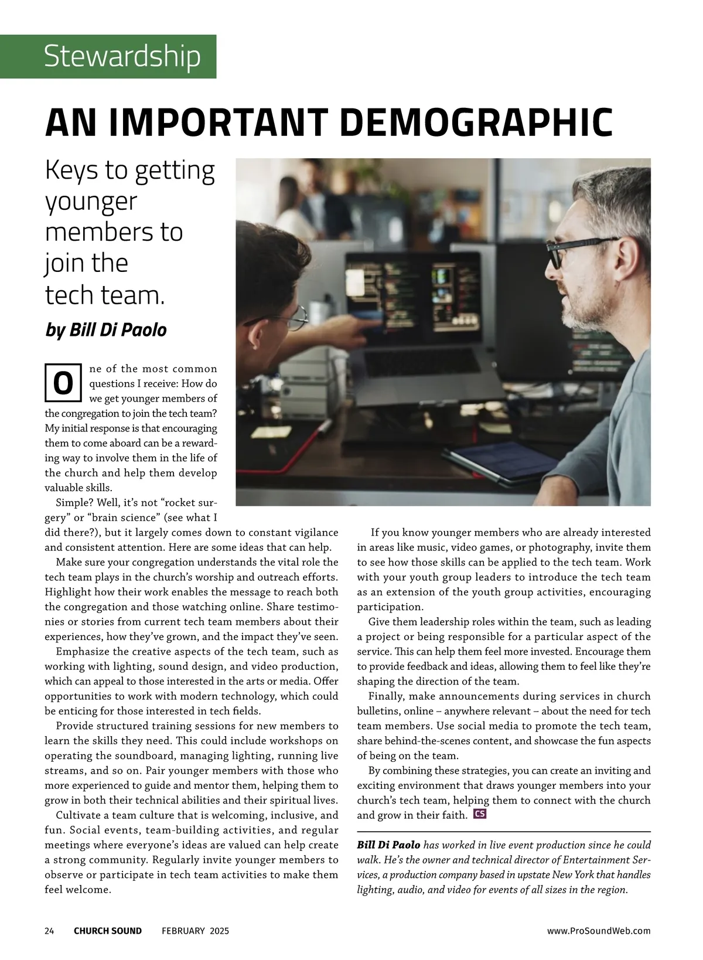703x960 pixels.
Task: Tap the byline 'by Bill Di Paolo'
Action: coord(106,330)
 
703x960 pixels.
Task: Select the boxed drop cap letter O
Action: coord(63,383)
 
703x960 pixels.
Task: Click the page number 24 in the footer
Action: coord(49,931)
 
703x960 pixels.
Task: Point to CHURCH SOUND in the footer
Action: coord(108,931)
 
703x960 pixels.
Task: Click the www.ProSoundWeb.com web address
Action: coord(598,931)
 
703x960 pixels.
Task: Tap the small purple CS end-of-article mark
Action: coord(480,814)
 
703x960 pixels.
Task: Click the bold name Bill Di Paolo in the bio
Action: coord(388,845)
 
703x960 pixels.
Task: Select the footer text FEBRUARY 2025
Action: coord(196,931)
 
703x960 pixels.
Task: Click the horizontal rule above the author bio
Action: coord(504,832)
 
